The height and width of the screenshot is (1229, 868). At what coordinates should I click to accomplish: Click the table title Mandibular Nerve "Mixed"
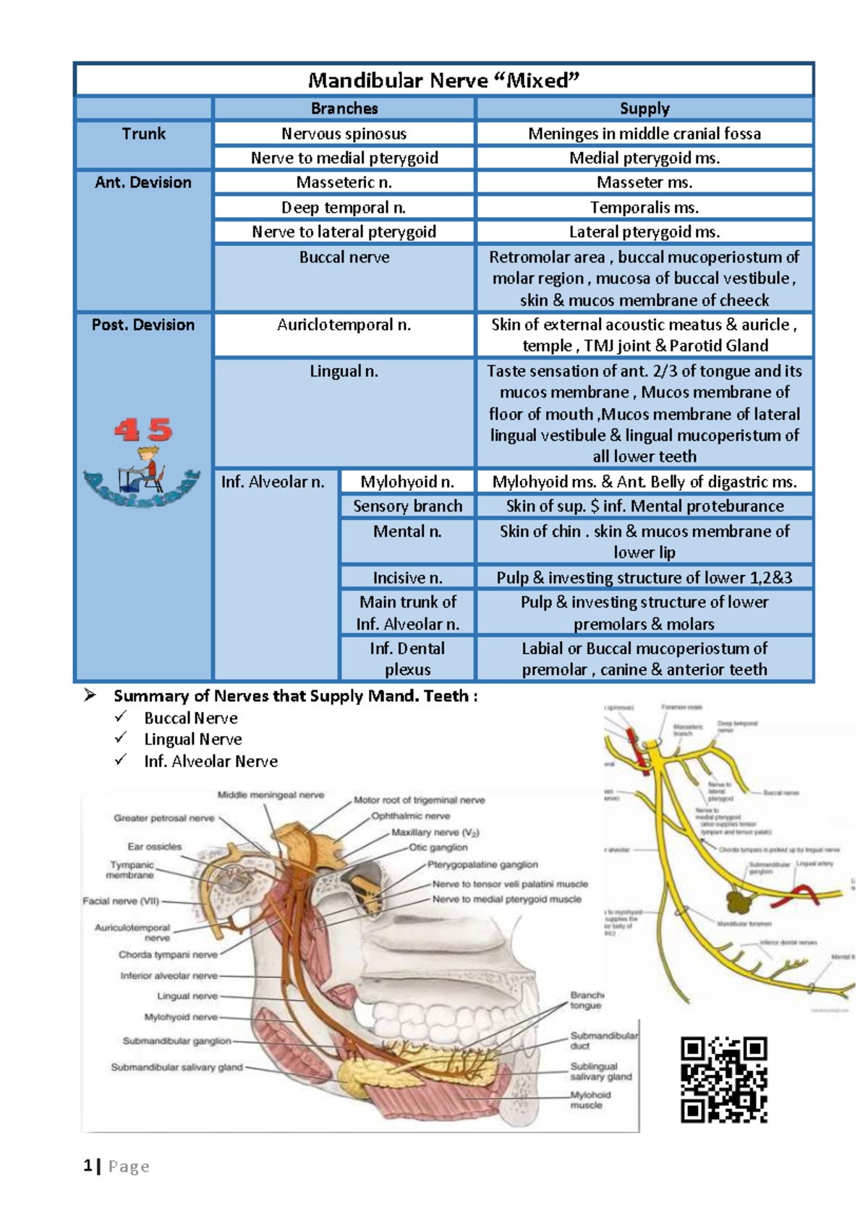coord(443,80)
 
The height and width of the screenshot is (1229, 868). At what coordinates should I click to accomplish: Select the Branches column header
coord(344,109)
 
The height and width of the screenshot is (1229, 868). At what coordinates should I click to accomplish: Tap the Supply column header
coord(644,109)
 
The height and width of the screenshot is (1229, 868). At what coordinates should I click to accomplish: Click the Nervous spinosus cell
coord(344,134)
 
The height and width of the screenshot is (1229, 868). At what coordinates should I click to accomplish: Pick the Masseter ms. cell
coord(644,182)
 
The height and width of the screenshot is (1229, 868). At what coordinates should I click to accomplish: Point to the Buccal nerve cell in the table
coord(344,258)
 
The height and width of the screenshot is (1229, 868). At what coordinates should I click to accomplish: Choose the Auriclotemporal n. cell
coord(344,326)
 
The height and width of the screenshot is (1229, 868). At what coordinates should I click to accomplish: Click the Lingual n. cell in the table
coord(344,372)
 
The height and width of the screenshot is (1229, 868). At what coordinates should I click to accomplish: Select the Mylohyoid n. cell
coord(407,482)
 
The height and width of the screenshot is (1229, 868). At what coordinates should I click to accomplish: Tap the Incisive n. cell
coord(407,578)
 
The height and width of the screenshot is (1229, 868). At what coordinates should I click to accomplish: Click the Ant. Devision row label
coord(143,183)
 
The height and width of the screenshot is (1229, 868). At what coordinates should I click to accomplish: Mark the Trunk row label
coord(143,134)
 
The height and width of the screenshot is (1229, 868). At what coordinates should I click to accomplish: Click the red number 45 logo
coord(142,431)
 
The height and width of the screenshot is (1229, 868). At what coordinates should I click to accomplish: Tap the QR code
coord(723,1079)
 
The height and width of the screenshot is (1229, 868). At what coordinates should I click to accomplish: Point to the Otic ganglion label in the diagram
coord(438,847)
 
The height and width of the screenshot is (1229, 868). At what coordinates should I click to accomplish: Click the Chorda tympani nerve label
coord(168,955)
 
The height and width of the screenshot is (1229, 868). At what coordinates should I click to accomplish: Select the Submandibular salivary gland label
coord(176,1067)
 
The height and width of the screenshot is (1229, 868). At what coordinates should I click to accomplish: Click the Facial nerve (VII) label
coord(121,901)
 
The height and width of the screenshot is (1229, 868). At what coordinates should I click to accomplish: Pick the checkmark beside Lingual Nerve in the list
coord(121,738)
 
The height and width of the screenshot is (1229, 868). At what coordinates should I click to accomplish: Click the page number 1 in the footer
coord(88,1166)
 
